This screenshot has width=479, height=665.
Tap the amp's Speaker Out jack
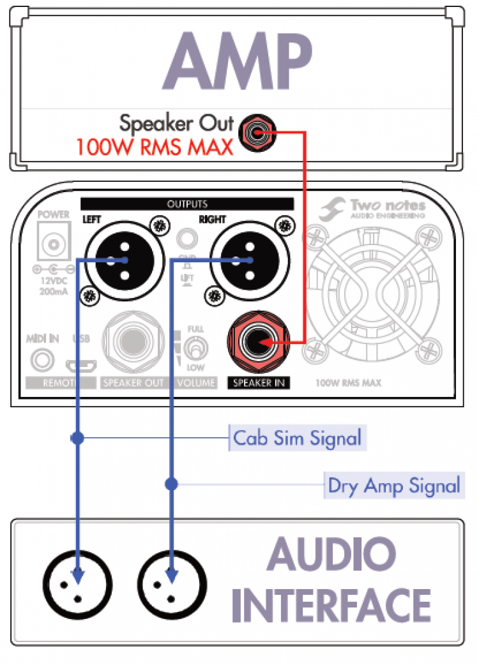[x=256, y=133]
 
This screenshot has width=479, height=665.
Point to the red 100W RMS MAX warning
[x=153, y=147]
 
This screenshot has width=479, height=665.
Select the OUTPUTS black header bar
[x=186, y=204]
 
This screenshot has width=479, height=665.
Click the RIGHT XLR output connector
[x=246, y=260]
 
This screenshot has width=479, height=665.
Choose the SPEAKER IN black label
[x=259, y=383]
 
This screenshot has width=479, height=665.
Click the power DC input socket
[x=53, y=243]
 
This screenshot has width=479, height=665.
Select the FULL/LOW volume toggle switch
[x=195, y=349]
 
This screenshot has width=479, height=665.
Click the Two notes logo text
[x=387, y=206]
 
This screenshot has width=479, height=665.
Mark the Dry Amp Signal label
[x=393, y=486]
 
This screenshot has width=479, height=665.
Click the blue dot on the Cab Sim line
[x=77, y=438]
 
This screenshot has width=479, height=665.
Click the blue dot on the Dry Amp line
[x=171, y=484]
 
